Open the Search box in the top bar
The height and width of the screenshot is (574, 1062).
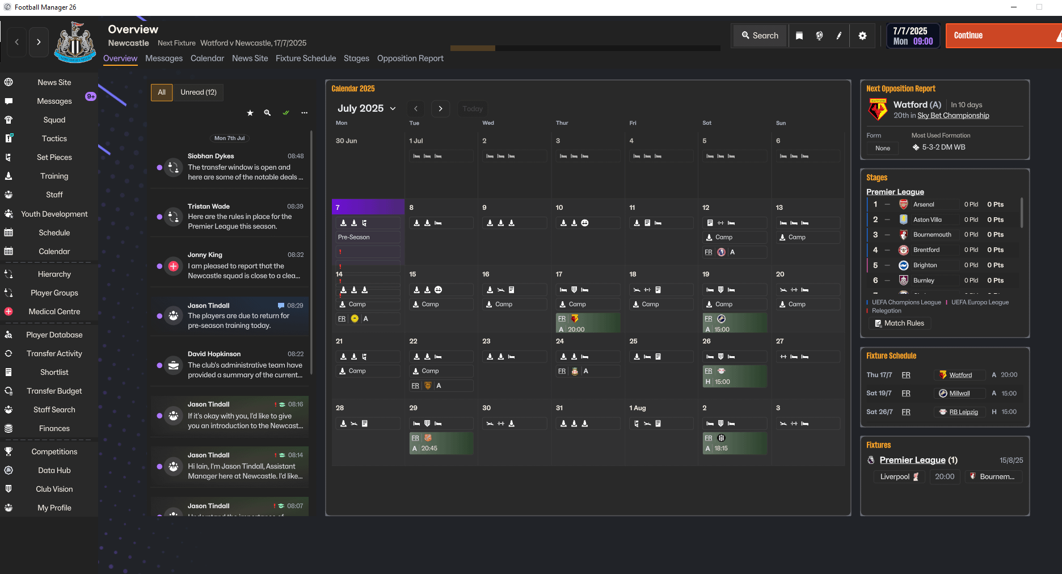[760, 36]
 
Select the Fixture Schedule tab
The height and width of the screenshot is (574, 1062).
[306, 58]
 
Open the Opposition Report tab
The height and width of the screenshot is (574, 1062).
[410, 58]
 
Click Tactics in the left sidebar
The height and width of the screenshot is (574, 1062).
[54, 138]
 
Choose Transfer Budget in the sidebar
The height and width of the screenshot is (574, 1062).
[54, 391]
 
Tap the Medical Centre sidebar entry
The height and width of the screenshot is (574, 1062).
[54, 311]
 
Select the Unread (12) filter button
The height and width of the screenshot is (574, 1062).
[199, 92]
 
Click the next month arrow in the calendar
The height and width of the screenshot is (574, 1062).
[440, 108]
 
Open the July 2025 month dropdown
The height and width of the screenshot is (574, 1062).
[366, 108]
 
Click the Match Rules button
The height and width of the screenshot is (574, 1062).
[900, 323]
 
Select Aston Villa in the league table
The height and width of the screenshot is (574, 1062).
[927, 220]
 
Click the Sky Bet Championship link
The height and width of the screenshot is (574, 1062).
[953, 116]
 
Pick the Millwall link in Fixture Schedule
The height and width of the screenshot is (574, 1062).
[959, 394]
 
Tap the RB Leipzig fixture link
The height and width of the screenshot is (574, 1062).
[963, 412]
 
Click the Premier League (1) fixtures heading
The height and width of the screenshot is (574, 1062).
[918, 460]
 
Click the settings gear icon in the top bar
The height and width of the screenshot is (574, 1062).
[862, 36]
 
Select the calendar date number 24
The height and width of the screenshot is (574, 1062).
[560, 341]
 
